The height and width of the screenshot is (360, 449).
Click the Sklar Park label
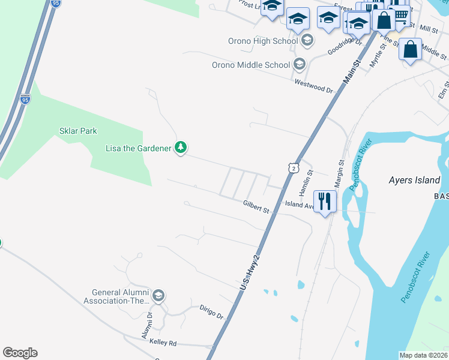[x=78, y=131]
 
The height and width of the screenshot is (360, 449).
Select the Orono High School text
[x=264, y=41]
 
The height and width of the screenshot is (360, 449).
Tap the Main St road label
[x=352, y=71]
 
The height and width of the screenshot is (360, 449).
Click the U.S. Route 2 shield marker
[x=292, y=169]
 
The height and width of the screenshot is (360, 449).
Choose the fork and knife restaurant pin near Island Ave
[x=325, y=201]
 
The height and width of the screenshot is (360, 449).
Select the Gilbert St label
[x=256, y=207]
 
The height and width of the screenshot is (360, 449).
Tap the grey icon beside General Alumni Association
[x=158, y=296]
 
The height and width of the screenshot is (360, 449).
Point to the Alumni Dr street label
[x=148, y=326]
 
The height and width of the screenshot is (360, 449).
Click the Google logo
[x=20, y=353]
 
